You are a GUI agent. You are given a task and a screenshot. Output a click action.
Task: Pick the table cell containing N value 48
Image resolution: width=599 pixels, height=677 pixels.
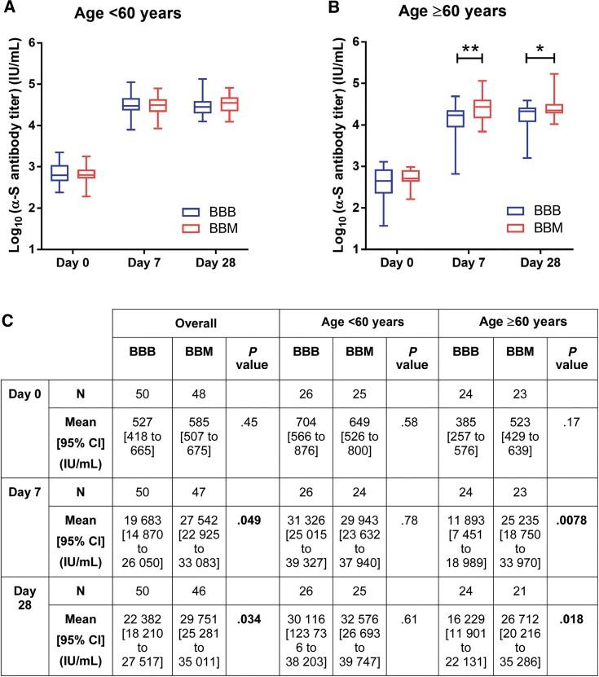coord(196,393)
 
